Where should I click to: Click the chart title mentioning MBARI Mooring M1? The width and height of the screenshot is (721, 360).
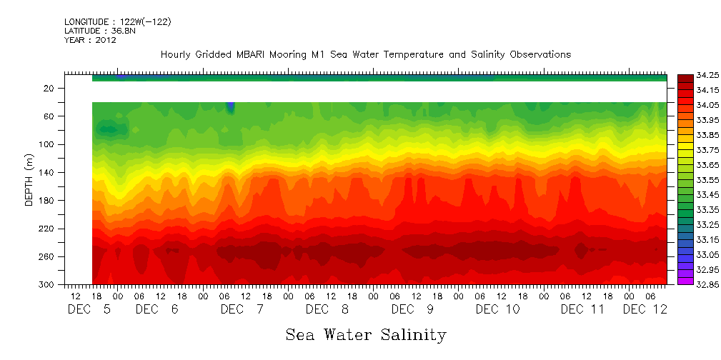[x=365, y=55]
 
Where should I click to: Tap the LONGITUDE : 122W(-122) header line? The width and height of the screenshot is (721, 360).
[x=118, y=22]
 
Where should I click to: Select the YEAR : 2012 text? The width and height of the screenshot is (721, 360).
[x=91, y=41]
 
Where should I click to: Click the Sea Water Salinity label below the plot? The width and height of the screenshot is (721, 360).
[x=365, y=335]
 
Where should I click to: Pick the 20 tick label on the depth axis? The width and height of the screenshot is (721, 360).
[x=49, y=89]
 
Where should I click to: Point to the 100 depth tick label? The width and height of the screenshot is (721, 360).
[x=47, y=144]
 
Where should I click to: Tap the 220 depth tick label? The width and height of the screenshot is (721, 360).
[x=47, y=229]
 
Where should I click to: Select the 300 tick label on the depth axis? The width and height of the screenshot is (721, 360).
[x=47, y=284]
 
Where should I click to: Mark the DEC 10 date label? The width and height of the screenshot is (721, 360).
[x=498, y=309]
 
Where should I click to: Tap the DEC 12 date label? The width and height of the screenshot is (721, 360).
[x=645, y=309]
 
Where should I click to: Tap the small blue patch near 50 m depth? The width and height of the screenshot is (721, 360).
[x=230, y=107]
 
